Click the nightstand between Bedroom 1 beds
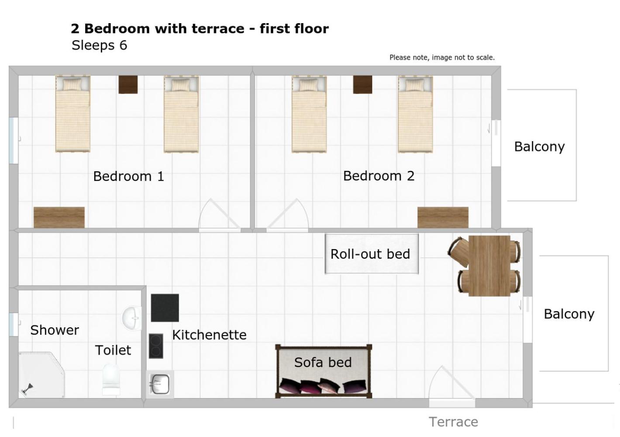tap(128, 84)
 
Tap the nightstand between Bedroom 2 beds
tap(362, 84)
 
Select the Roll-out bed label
tap(370, 254)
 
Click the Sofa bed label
tap(323, 362)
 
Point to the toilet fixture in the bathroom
tap(111, 379)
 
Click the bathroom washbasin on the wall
tap(132, 318)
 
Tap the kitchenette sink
tap(160, 384)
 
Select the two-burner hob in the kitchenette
tap(156, 346)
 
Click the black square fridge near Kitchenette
tap(165, 308)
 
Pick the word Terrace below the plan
tap(453, 422)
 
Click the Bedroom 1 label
tap(129, 176)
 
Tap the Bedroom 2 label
tap(379, 176)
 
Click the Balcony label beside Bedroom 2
tap(539, 147)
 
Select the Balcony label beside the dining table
tap(569, 314)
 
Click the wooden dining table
tap(489, 266)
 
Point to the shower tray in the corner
tap(41, 375)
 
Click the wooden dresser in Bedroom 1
tap(59, 218)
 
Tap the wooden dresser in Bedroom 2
tap(443, 218)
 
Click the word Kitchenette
tap(209, 335)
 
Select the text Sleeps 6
tap(100, 45)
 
